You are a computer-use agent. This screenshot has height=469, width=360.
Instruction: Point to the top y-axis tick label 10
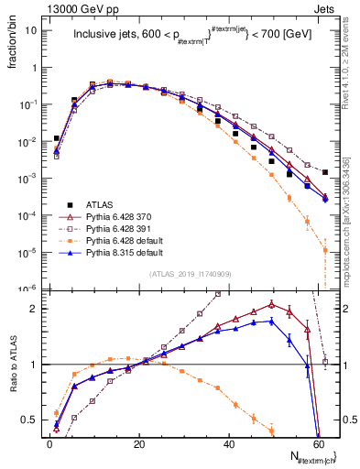[31, 29]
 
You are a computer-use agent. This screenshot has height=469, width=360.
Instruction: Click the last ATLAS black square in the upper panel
[325, 172]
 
